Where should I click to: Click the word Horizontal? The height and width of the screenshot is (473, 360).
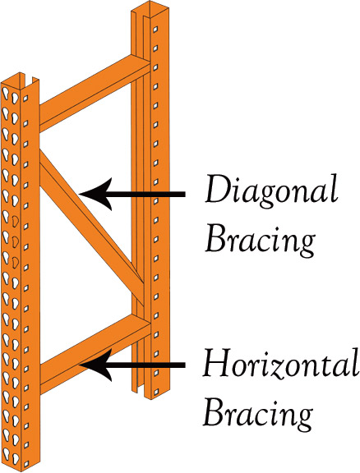coord(280,363)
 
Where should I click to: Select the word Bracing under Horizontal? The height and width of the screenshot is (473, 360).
coord(257,414)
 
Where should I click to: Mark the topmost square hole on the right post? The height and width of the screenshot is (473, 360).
coord(155,30)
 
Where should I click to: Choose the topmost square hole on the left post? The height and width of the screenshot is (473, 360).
coord(26,98)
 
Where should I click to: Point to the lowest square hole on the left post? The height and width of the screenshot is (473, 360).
coord(26,464)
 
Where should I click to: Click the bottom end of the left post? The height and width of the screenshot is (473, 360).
coord(21,468)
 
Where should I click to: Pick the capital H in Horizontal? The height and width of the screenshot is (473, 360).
coord(219,363)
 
